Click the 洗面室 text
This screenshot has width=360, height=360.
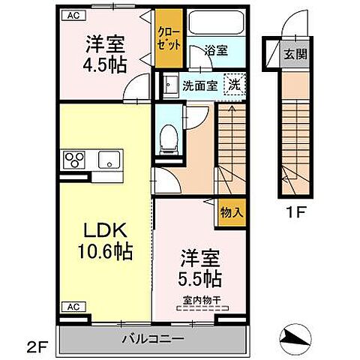point(201,85)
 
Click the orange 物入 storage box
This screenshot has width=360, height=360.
point(231,212)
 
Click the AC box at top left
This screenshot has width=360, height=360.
point(72,14)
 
